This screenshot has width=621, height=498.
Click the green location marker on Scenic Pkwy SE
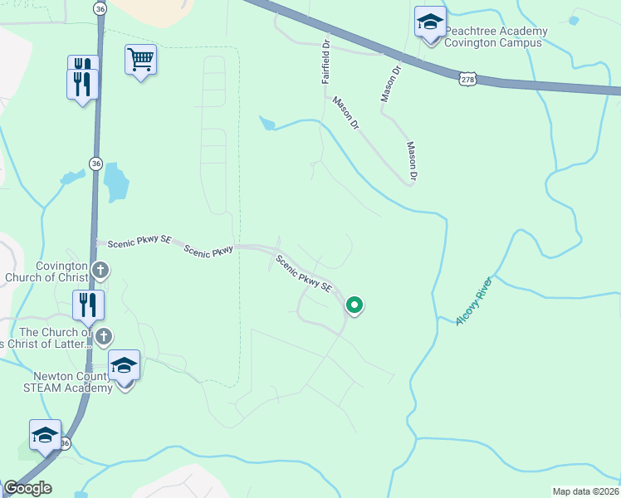click(x=355, y=305)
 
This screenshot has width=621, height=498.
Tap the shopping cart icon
click(x=140, y=60)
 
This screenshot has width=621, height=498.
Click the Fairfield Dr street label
click(x=325, y=61)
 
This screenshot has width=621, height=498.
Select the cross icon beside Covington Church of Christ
click(x=100, y=269)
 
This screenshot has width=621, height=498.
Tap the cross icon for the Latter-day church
click(x=103, y=336)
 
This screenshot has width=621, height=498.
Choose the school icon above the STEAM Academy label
click(x=125, y=365)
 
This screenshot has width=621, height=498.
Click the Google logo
click(x=27, y=487)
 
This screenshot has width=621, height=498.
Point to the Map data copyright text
click(x=584, y=491)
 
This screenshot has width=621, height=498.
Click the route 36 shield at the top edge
click(x=100, y=8)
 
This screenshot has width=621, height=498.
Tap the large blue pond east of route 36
click(x=115, y=182)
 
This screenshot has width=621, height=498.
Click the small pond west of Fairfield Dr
click(x=266, y=124)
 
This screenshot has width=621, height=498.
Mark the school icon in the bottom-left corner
click(x=45, y=435)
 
